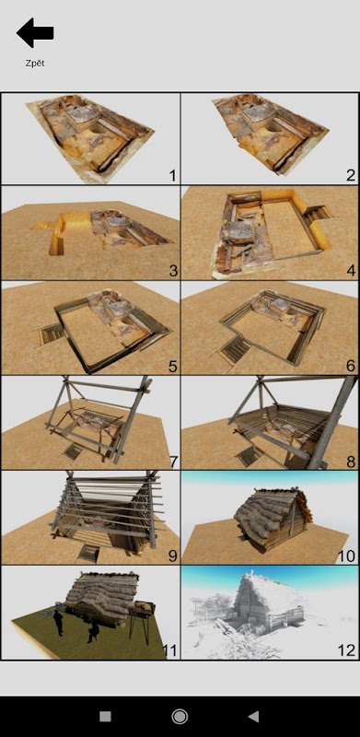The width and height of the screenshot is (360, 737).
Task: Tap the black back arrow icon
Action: point(35,33)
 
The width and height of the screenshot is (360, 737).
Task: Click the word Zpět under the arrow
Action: point(35,63)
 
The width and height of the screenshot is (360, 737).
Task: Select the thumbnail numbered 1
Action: point(91,138)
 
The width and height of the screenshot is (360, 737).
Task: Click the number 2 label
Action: point(351,175)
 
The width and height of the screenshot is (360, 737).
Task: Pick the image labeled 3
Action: point(91,233)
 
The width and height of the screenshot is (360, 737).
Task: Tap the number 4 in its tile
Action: point(351,271)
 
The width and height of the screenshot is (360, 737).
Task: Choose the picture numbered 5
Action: point(91,328)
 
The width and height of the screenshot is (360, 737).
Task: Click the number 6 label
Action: point(351,366)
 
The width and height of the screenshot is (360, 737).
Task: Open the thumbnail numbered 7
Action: point(91,423)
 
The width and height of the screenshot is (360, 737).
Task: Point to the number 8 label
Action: point(351,462)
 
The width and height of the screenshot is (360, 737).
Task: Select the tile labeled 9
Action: point(91,518)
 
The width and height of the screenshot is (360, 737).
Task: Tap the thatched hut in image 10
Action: point(273,516)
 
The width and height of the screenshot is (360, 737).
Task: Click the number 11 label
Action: point(169,650)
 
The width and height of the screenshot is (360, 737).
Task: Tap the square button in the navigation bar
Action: point(105,717)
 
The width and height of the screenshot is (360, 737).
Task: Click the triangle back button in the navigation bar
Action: point(253,717)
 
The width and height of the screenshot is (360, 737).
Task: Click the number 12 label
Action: point(346,650)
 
